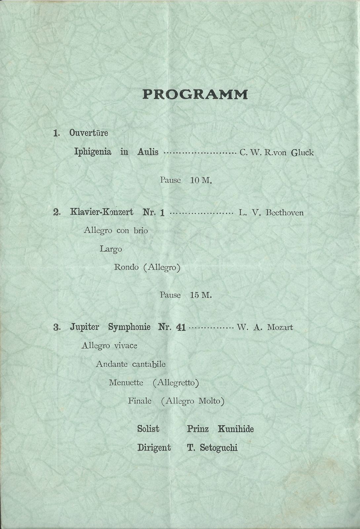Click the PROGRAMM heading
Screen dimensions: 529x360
195,95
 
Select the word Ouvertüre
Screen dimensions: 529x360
89,133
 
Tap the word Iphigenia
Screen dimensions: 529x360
92,152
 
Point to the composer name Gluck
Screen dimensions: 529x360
302,153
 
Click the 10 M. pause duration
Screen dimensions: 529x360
201,181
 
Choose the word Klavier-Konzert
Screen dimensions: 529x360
102,212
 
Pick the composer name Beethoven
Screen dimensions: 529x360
285,213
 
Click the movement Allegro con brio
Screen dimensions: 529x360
116,230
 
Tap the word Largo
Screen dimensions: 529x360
111,249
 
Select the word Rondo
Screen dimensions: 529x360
126,267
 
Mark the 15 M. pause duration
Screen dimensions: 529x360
201,295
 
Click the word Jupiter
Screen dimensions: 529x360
84,327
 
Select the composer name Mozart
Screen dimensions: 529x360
280,328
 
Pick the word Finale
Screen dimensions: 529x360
140,401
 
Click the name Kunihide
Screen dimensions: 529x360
236,429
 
